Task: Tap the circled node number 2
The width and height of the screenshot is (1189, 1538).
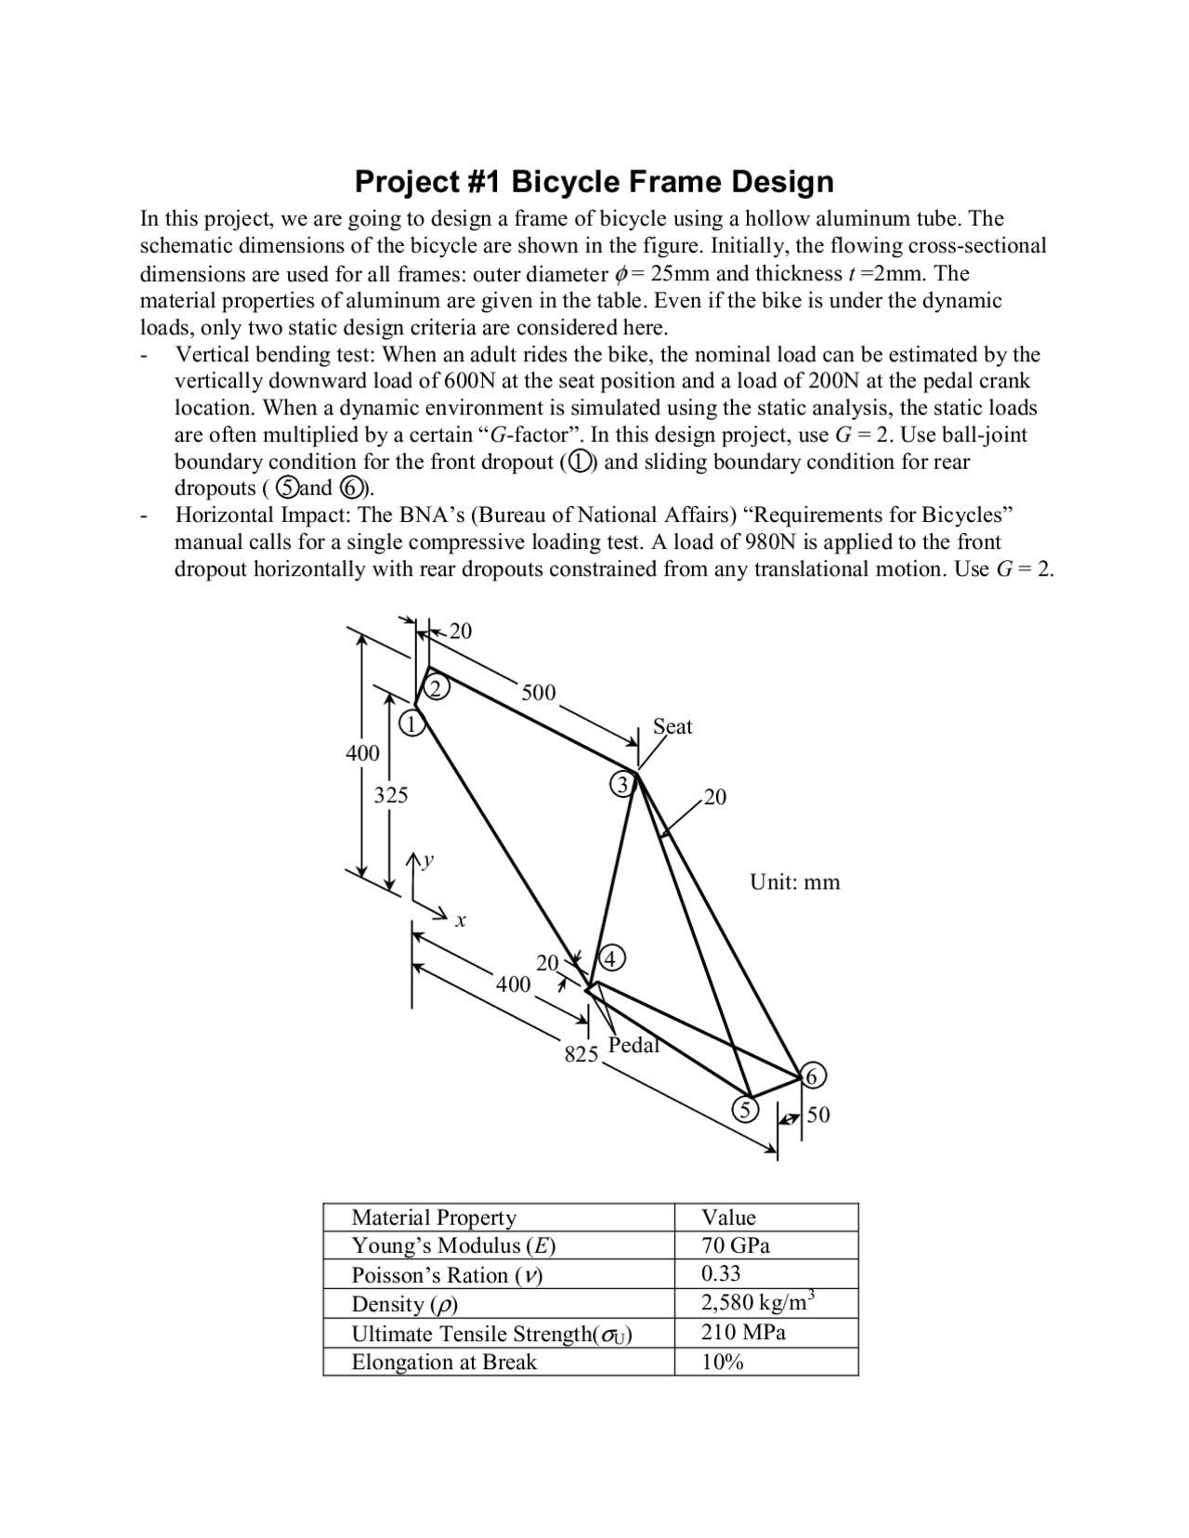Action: pos(438,687)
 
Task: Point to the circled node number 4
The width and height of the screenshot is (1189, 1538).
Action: pos(612,958)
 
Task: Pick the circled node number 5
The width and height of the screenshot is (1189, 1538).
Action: pos(744,1109)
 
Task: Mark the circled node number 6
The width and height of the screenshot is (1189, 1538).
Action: pos(811,1077)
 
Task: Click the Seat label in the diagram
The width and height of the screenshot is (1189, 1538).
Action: pos(673,726)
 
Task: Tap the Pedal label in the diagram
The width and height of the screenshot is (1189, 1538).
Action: pos(634,1045)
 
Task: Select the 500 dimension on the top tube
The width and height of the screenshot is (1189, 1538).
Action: pos(539,693)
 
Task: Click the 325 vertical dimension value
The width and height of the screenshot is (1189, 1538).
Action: pos(391,795)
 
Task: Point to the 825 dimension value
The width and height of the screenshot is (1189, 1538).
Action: pos(581,1054)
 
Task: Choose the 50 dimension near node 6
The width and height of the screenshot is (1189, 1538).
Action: pos(818,1114)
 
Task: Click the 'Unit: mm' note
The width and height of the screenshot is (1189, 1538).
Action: pos(795,882)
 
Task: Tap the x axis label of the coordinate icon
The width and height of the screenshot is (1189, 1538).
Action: pos(461,921)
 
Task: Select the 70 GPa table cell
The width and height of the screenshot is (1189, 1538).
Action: pos(736,1245)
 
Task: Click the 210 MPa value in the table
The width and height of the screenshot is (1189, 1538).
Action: pos(743,1333)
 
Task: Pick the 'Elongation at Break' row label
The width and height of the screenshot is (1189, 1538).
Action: pos(444,1362)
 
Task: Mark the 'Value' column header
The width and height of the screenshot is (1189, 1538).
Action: pos(728,1218)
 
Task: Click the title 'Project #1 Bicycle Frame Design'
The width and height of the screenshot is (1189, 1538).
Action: pos(594,181)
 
